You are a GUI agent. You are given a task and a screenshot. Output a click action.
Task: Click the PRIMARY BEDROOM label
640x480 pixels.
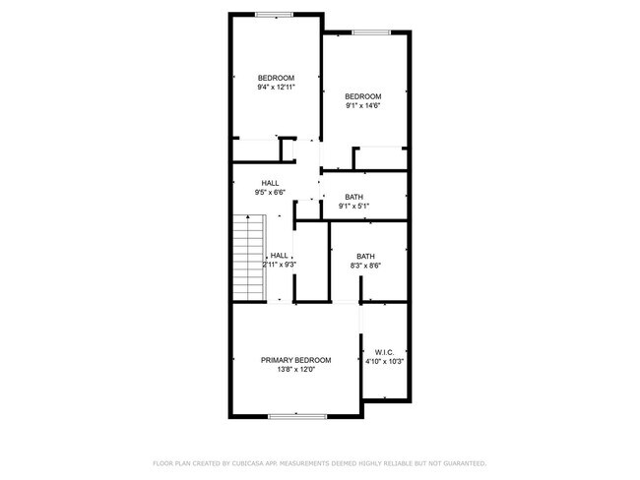[295, 361]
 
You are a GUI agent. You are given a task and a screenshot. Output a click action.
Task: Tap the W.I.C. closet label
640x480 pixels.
[384, 351]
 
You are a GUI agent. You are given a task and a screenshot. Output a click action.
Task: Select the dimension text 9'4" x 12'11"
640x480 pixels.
[276, 88]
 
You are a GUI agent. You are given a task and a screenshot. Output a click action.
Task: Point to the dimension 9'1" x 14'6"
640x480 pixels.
[362, 105]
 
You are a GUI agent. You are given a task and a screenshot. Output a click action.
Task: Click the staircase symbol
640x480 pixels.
[250, 257]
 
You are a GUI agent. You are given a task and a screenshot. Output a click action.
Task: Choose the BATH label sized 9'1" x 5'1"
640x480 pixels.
[353, 197]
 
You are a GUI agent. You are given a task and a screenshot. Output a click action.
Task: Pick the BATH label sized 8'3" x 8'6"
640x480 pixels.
[365, 256]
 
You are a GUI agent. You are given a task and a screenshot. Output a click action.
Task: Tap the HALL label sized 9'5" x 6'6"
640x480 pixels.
[270, 183]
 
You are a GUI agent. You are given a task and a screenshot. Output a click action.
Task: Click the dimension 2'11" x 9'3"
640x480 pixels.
[280, 265]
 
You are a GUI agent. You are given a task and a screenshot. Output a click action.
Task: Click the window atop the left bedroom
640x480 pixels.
[275, 14]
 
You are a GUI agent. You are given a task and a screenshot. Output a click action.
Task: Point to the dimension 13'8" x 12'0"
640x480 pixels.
[295, 372]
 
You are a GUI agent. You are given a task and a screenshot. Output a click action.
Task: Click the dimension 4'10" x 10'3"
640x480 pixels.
[384, 362]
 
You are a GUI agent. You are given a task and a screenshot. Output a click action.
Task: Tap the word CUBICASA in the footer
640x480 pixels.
[255, 462]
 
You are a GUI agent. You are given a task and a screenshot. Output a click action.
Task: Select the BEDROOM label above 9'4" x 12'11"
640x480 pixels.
[276, 78]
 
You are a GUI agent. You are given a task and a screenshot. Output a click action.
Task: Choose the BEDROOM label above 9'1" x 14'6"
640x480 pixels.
[362, 95]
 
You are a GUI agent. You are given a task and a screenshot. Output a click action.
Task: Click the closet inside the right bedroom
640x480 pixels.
[382, 157]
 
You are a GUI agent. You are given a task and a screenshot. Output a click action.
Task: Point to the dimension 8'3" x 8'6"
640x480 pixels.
[365, 266]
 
